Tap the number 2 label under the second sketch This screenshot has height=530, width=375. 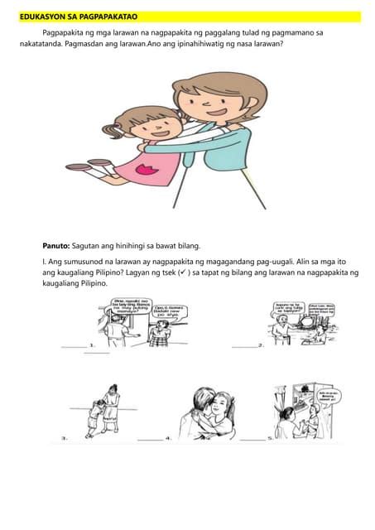coord(261,344)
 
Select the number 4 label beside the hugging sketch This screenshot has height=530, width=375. coord(167,436)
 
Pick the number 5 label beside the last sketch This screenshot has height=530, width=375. coord(269,436)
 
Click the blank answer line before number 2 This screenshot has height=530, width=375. coord(243,345)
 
